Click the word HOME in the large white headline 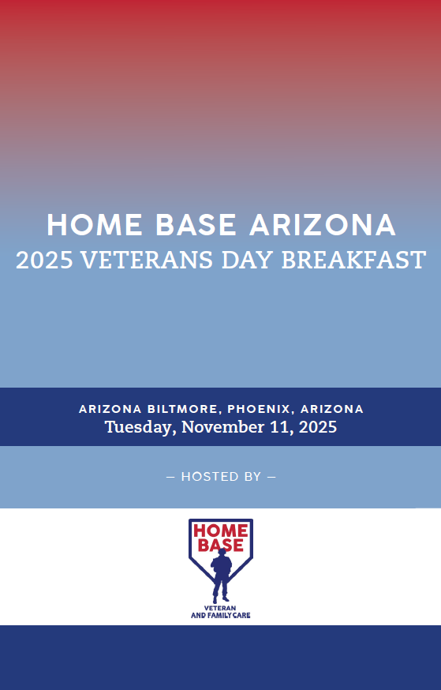(95, 225)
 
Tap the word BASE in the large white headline (196, 225)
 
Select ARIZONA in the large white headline (323, 225)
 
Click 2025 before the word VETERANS (44, 260)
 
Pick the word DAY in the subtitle (248, 260)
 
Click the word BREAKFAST (353, 260)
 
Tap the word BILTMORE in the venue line (182, 409)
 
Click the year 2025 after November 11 (318, 427)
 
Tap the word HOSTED (204, 477)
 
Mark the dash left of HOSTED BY (170, 477)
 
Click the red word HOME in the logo (221, 531)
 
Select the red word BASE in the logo (221, 546)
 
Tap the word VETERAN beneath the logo (220, 608)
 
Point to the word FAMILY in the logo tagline (220, 615)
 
